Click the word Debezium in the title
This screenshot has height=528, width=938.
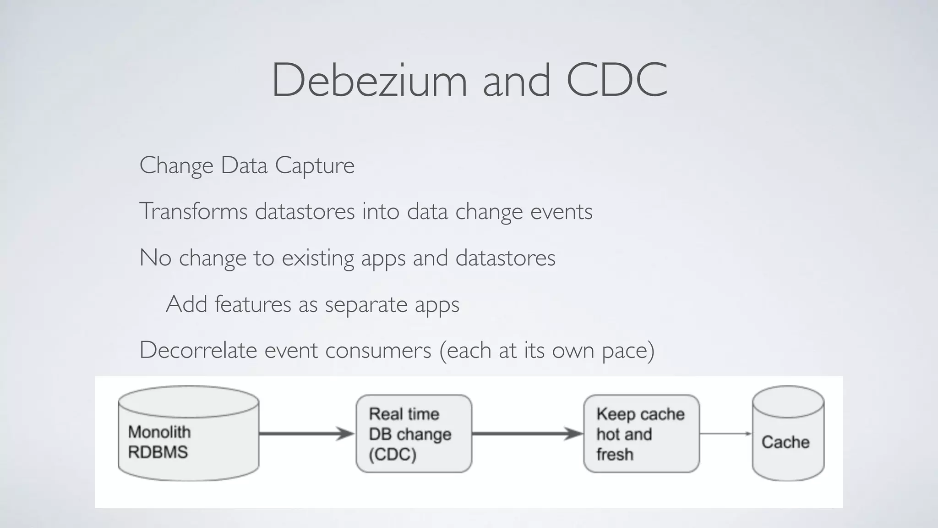(x=369, y=80)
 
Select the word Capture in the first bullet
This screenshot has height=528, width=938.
(x=315, y=165)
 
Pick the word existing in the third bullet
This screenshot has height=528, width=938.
(x=317, y=258)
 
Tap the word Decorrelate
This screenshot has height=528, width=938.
(x=198, y=350)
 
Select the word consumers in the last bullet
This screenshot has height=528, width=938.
(x=378, y=350)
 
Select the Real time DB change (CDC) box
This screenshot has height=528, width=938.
(x=414, y=434)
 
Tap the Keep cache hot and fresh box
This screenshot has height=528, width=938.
(x=641, y=434)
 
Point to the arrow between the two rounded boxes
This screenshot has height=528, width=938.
(x=527, y=434)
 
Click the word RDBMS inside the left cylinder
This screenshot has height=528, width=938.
(x=158, y=452)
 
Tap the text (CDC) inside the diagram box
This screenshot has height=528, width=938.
(x=393, y=455)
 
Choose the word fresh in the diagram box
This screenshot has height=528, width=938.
(x=615, y=455)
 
